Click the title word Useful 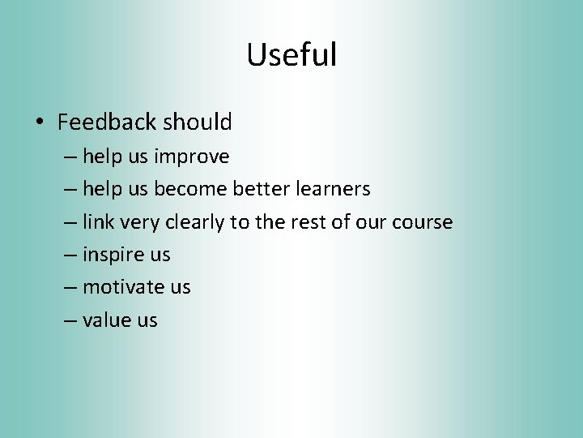pos(291,55)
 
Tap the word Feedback pos(107,122)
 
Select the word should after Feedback pos(198,122)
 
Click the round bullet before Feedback pos(39,123)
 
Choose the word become pos(190,189)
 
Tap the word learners pos(333,189)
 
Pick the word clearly pos(196,222)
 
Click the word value pos(107,320)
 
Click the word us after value pos(147,320)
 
